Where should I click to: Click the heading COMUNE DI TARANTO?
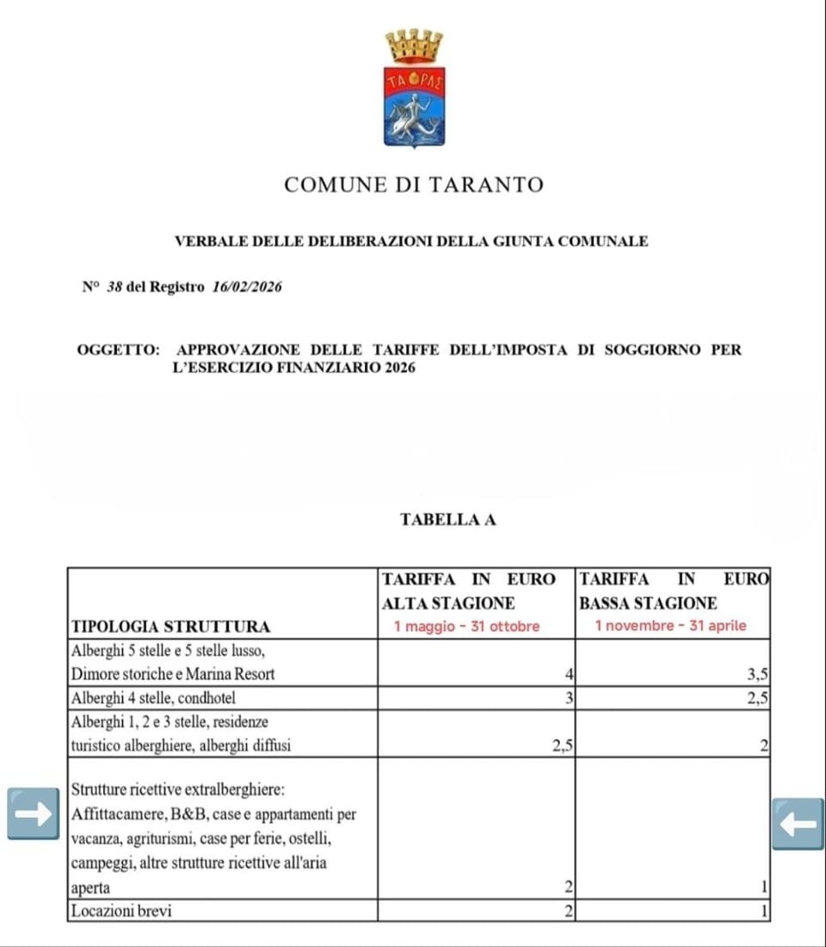413,184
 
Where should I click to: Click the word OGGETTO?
118,350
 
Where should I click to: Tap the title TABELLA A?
447,519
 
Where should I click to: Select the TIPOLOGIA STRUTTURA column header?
170,626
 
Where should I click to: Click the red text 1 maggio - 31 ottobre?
466,626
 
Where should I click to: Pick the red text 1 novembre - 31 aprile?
670,626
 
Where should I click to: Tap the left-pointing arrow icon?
798,823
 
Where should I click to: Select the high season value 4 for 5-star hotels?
568,674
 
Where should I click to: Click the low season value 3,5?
757,674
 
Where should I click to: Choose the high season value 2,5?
562,746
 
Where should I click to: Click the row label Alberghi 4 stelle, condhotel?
154,698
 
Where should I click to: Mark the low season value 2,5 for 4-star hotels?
757,698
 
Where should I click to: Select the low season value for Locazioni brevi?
764,910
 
